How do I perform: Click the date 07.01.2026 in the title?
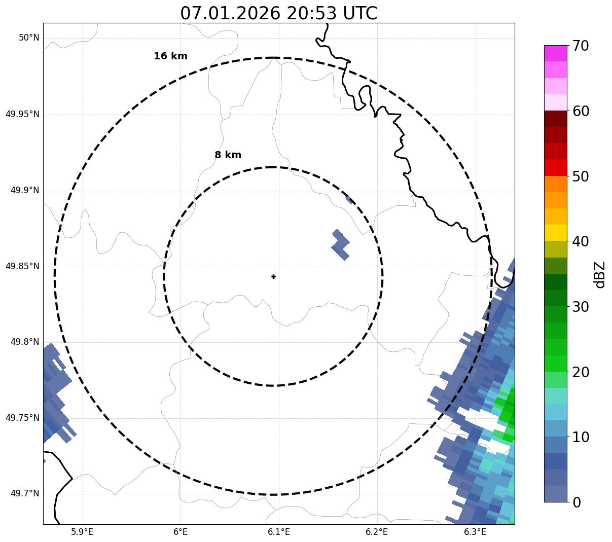pyautogui.click(x=230, y=13)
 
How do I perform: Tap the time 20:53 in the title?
pyautogui.click(x=311, y=13)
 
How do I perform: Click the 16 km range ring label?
pyautogui.click(x=170, y=56)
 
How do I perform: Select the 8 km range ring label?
pyautogui.click(x=228, y=155)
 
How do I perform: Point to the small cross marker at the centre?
pyautogui.click(x=274, y=277)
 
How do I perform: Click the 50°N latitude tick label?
pyautogui.click(x=29, y=38)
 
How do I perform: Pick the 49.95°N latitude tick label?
pyautogui.click(x=22, y=114)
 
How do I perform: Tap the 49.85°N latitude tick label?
pyautogui.click(x=22, y=266)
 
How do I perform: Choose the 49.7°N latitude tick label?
pyautogui.click(x=25, y=494)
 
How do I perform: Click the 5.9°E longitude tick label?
pyautogui.click(x=82, y=532)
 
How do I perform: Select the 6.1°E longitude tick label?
pyautogui.click(x=278, y=532)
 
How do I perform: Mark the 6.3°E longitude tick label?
pyautogui.click(x=475, y=532)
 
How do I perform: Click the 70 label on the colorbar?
pyautogui.click(x=581, y=46)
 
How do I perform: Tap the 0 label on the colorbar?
pyautogui.click(x=577, y=502)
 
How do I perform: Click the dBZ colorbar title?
pyautogui.click(x=599, y=274)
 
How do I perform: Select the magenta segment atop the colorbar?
pyautogui.click(x=555, y=53)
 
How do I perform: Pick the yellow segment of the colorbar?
pyautogui.click(x=555, y=233)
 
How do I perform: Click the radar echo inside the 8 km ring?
pyautogui.click(x=341, y=245)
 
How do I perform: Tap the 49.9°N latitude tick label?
pyautogui.click(x=25, y=190)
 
